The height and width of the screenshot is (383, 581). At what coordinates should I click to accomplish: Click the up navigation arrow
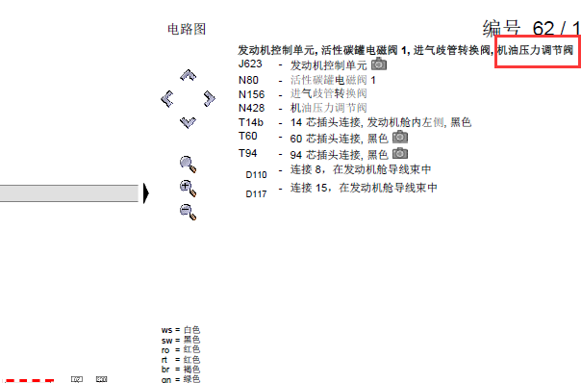pos(188,74)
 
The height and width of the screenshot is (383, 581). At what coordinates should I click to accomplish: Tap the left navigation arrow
pos(167,97)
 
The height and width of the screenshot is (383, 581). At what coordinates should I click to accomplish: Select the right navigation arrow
pos(209,97)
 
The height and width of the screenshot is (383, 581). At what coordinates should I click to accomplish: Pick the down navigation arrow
pos(188,121)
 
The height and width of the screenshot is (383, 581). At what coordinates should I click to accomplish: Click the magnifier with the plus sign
pos(188,187)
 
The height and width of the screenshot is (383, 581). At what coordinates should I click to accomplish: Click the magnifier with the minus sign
pos(188,211)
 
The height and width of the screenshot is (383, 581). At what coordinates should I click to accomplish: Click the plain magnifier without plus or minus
pos(188,164)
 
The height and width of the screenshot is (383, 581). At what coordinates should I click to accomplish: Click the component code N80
pos(248,80)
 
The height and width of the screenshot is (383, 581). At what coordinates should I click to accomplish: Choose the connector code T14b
pos(251,123)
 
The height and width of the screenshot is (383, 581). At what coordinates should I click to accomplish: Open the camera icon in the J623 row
pos(379,64)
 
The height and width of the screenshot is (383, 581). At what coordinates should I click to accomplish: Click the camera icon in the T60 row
pos(399,138)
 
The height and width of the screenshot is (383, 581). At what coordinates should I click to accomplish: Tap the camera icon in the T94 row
pos(399,153)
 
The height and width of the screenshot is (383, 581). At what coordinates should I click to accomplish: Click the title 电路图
pos(187,30)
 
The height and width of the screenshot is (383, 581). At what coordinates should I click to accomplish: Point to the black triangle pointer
pos(146,194)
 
